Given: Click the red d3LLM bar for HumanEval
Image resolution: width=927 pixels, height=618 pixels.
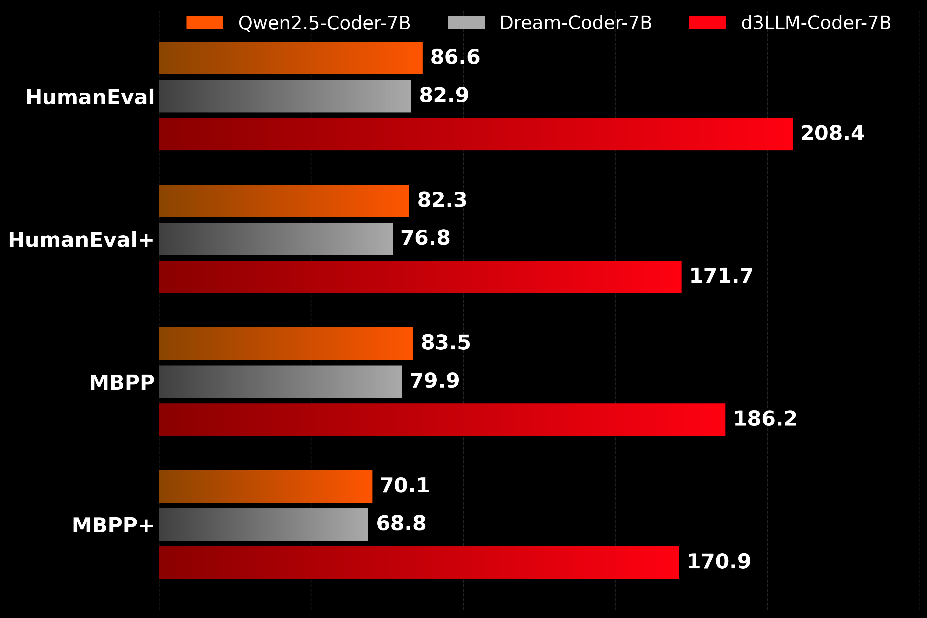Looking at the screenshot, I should tap(476, 134).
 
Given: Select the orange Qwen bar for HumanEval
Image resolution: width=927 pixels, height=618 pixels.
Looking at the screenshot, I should tap(290, 58).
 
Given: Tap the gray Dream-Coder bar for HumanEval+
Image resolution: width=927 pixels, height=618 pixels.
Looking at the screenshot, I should tap(276, 239).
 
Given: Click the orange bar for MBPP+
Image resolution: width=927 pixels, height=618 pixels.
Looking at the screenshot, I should tap(265, 486).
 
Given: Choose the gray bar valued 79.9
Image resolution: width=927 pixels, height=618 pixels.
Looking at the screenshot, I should tap(281, 382).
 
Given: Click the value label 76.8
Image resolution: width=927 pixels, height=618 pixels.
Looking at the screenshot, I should tap(425, 238).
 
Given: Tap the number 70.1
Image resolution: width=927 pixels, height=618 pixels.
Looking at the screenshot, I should tap(405, 486).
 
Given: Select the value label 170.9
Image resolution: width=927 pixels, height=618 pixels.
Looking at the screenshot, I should tap(719, 562).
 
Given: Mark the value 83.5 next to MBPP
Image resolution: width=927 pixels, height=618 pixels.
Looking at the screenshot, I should tap(445, 342).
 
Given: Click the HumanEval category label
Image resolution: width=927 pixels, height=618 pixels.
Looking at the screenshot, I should tap(90, 97).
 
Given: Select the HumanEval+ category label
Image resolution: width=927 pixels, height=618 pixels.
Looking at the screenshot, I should tap(81, 240).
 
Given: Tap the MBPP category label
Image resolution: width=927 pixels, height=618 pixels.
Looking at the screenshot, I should tap(122, 383).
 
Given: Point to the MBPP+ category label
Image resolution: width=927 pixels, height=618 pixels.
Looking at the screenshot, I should tap(113, 525).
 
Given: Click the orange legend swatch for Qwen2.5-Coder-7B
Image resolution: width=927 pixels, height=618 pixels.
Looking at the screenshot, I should tap(205, 23).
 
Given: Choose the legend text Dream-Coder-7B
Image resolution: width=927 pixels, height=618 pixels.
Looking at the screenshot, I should tap(576, 23).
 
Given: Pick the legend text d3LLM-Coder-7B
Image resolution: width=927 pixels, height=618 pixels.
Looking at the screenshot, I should tap(816, 23).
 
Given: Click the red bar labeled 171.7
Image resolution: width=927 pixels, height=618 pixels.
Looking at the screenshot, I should tap(420, 277).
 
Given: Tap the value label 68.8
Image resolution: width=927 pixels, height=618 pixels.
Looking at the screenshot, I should tap(401, 524).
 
